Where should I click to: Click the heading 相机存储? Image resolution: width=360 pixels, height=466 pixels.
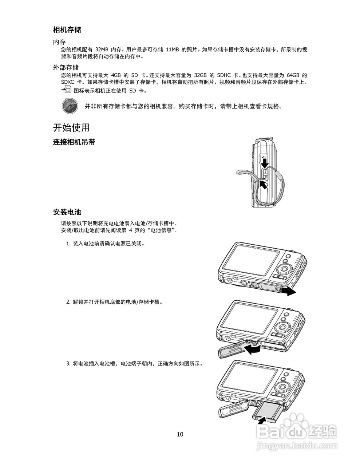coord(67,30)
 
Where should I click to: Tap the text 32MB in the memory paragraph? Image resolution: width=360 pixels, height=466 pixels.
coord(102,50)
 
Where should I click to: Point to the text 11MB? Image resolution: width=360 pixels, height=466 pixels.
coord(172,50)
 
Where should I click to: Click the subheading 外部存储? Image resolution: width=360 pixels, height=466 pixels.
coord(66,68)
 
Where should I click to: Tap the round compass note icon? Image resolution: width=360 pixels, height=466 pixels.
coord(69,106)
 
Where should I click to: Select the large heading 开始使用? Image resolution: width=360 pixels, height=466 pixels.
coord(71,128)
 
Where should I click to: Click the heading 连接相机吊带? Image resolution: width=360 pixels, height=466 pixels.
coord(74,142)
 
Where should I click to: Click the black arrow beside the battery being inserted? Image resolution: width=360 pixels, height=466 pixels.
coord(261,420)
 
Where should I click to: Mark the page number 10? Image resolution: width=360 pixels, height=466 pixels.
coord(180,434)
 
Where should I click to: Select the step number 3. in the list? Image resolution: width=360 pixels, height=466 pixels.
coord(68,363)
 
